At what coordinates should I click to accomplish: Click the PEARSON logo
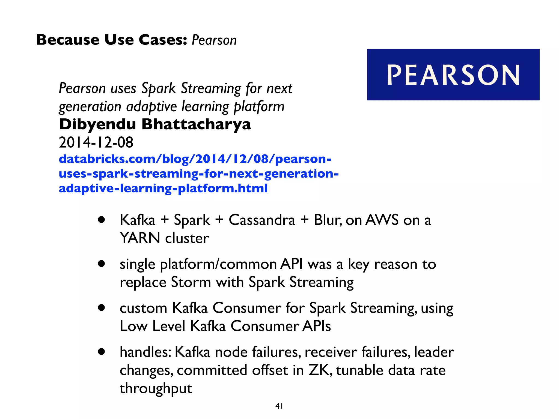pos(453,75)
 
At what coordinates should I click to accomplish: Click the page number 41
pos(279,406)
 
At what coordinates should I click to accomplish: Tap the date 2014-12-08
pos(96,142)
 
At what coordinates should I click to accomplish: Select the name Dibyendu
pos(97,124)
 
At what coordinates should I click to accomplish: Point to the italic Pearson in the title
pos(214,40)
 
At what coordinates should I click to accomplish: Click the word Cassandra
pos(262,220)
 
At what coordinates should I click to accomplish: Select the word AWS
pos(382,220)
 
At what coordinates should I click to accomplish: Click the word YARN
pos(140,238)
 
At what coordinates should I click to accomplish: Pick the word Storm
pos(191,282)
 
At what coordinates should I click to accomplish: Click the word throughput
pos(156,388)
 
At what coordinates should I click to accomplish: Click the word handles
pos(145,352)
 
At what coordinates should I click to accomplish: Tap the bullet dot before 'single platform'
pos(102,264)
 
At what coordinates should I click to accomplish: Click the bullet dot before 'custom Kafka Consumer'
pos(102,308)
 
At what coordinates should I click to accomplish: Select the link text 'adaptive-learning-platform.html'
pos(163,188)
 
